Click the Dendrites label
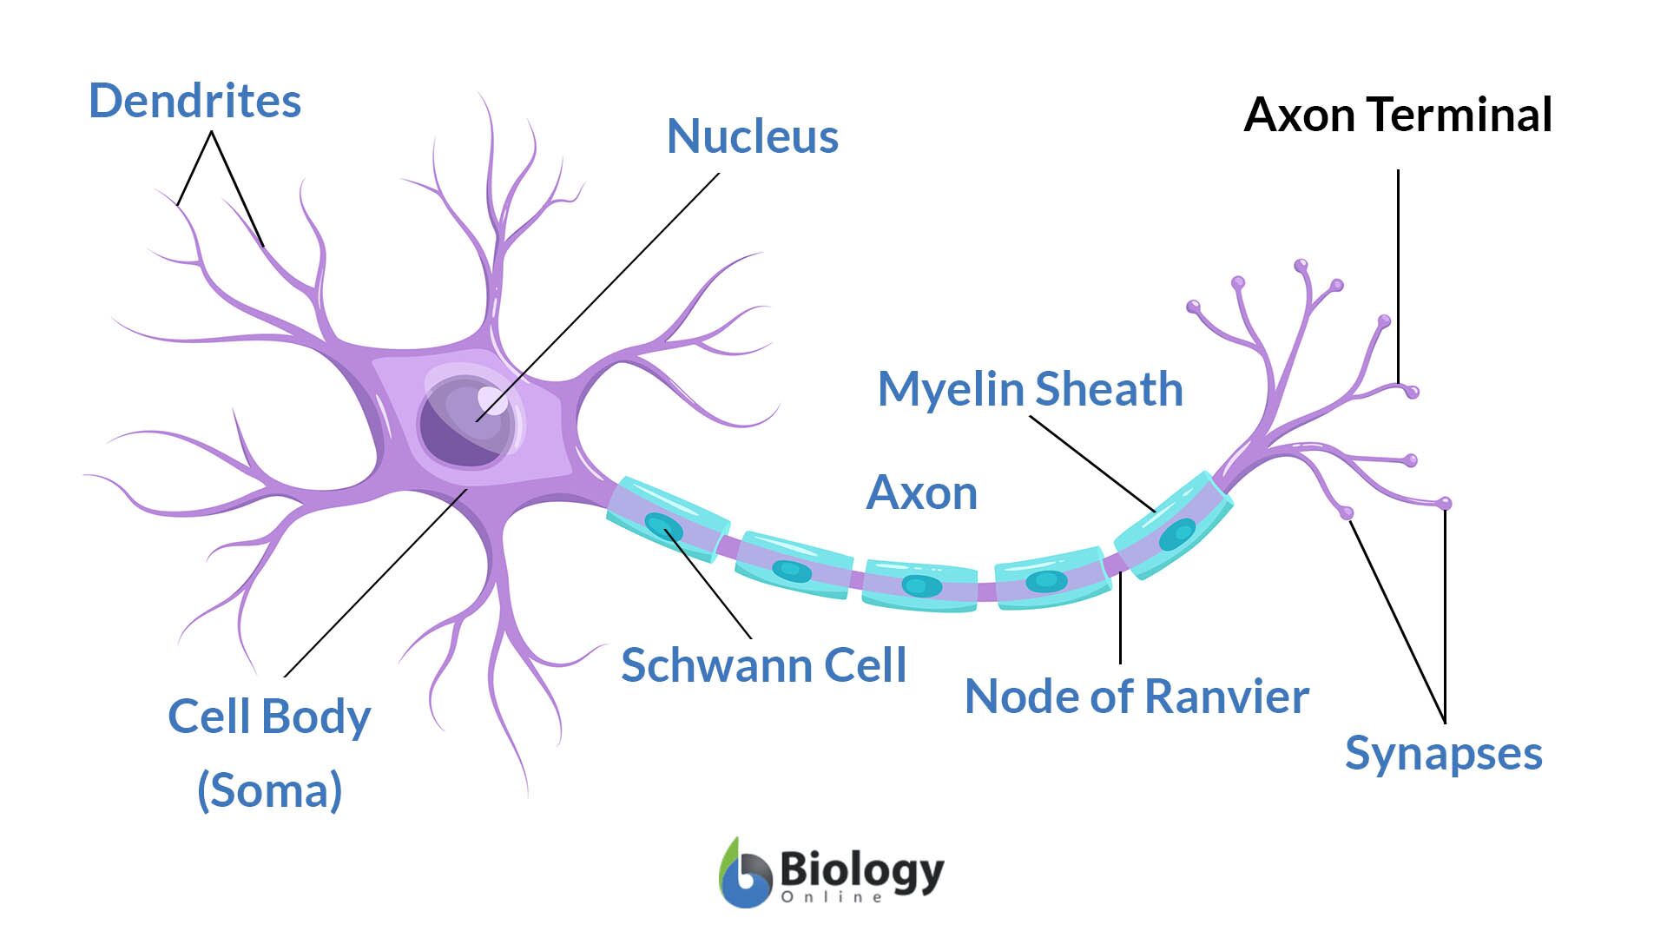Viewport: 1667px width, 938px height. [194, 101]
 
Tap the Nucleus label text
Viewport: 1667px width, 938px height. [752, 136]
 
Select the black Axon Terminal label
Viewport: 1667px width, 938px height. [1397, 115]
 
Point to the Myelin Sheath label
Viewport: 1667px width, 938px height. [1030, 388]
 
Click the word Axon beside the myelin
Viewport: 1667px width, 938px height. [921, 492]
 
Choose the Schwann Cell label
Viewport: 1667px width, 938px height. [763, 665]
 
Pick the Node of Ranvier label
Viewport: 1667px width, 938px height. [1137, 697]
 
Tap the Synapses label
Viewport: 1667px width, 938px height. [1443, 752]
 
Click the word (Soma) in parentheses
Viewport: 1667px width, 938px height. [269, 790]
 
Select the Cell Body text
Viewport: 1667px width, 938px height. [269, 717]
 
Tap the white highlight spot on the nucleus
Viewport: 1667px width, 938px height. [491, 400]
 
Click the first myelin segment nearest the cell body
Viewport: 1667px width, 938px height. [667, 519]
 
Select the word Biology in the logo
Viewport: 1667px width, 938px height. [860, 869]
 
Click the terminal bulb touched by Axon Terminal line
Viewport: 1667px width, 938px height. [1412, 392]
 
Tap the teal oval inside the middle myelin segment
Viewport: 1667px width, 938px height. [920, 585]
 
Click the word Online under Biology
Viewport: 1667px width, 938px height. [831, 897]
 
